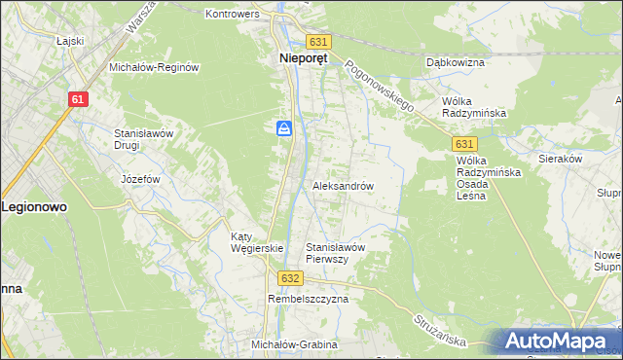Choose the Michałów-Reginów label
click(x=154, y=67)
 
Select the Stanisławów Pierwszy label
click(x=335, y=253)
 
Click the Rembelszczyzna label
click(x=308, y=300)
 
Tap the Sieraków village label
click(x=560, y=158)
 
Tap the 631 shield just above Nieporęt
click(x=319, y=42)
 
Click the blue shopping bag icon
click(x=283, y=128)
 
